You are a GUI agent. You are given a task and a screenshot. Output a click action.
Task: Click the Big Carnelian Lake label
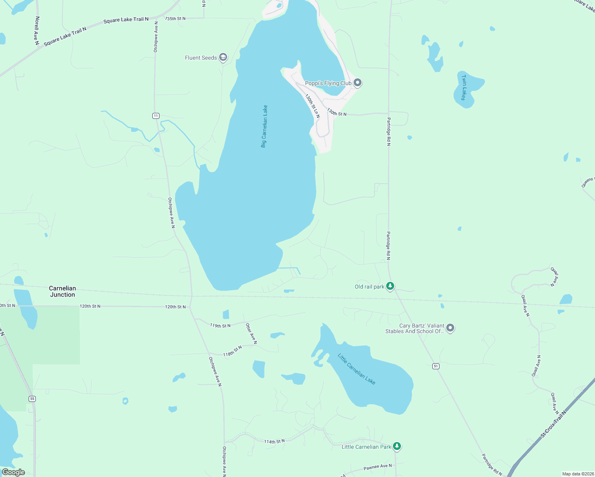(264, 126)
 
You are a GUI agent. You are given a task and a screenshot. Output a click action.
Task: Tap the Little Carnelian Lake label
(356, 369)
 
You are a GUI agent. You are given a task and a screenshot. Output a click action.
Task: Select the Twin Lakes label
(464, 87)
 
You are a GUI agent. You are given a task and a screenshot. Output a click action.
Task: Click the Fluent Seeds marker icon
(223, 58)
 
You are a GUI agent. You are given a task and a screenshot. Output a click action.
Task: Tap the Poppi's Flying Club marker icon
(357, 83)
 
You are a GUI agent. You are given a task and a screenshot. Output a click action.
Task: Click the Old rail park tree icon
(391, 286)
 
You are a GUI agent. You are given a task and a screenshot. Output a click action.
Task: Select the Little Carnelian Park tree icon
(397, 446)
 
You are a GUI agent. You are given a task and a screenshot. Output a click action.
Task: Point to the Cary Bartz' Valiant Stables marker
(450, 328)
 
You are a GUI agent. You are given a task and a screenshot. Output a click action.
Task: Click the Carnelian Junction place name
(62, 291)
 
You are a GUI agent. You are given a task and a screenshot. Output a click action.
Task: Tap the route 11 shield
(156, 116)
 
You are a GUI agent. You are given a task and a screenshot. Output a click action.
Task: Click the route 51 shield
(436, 366)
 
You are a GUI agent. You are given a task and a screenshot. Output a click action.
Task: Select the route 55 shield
(32, 399)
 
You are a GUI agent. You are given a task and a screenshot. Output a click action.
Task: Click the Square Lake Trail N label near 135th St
(126, 20)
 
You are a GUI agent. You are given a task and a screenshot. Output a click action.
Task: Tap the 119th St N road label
(220, 326)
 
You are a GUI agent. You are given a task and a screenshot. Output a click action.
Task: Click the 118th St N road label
(232, 351)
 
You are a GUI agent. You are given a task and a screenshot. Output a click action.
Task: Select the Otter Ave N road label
(251, 334)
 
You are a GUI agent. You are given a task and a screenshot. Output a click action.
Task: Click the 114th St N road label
(274, 441)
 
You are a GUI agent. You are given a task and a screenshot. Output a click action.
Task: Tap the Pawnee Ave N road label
(377, 467)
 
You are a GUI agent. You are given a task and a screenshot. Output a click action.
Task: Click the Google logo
(14, 472)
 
